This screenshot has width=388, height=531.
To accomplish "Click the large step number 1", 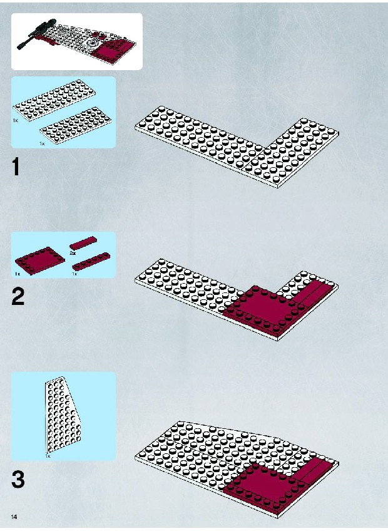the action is pos(16,167).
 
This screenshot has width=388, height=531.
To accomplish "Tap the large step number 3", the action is pos(18,480).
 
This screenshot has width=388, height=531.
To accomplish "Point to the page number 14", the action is pos(14,517).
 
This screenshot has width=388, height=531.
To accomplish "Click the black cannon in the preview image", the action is pos(36,34).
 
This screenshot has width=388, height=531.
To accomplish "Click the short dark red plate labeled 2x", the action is pos(83,242).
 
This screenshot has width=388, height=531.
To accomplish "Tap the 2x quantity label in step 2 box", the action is pos(73,252).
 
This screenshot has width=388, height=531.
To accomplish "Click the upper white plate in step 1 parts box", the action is pos(54,100).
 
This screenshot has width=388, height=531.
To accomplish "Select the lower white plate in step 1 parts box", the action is pos(76,125).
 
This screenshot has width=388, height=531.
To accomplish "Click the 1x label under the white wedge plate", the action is pos(48,456).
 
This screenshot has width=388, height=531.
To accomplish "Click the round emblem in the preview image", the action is pos(91,43).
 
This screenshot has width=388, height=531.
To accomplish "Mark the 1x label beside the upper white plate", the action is pos(16,120).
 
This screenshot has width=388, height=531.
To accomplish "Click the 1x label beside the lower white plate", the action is pos(42,143).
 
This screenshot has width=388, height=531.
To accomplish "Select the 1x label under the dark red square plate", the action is pos(18,274).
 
